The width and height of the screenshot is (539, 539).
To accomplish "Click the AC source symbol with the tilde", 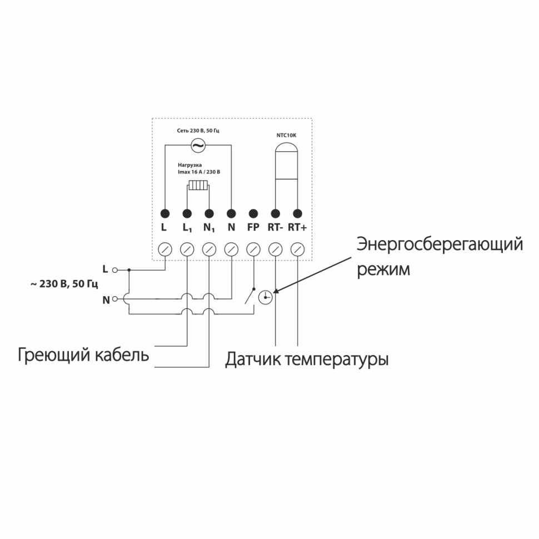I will tap(197, 146).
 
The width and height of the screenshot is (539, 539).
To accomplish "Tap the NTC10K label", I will tap(287, 134).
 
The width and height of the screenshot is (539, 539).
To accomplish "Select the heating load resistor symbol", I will tap(198, 185).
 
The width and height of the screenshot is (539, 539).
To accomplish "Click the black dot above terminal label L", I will tap(164, 213).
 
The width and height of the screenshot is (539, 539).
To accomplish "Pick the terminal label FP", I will tap(253, 227).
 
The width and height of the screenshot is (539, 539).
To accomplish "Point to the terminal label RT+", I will tap(298, 227).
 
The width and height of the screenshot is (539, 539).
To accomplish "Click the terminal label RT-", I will tap(275, 227).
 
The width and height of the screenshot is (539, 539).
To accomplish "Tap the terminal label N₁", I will tap(209, 228).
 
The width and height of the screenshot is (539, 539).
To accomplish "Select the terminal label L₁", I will tap(187, 228).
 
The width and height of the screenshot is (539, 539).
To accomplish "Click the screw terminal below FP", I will tap(253, 249).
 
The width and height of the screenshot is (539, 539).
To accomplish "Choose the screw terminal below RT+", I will tap(298, 249).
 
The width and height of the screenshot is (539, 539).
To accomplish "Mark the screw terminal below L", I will tap(165, 249).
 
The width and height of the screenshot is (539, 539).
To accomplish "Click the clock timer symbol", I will tap(267, 297).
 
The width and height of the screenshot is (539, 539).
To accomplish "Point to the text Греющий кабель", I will tap(83, 355).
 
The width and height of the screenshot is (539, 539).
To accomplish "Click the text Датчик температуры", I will tap(307, 360).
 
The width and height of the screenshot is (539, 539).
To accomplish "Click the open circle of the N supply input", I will tap(115, 300).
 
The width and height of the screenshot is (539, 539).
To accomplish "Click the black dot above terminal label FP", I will tap(253, 213).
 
